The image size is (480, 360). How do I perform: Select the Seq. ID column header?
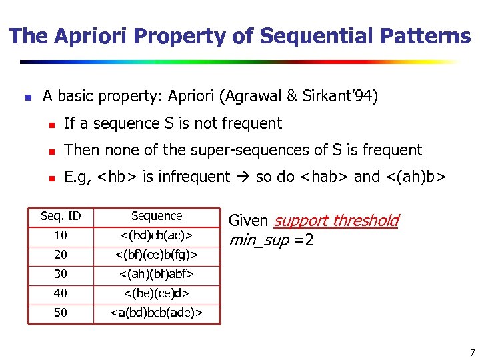click(x=61, y=216)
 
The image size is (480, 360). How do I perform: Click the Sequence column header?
click(x=157, y=216)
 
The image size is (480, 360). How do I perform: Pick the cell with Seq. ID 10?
click(x=61, y=235)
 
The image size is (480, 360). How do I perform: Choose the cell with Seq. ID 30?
click(x=61, y=274)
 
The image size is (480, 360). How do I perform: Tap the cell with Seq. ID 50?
click(x=61, y=313)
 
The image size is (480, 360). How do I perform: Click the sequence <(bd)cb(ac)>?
click(x=157, y=235)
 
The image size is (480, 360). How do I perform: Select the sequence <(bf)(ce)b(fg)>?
click(x=157, y=255)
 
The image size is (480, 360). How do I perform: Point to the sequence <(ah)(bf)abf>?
click(x=157, y=274)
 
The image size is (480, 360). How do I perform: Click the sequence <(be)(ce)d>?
click(x=157, y=293)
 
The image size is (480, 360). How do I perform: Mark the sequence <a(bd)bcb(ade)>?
click(x=157, y=313)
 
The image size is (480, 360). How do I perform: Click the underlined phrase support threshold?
click(x=336, y=221)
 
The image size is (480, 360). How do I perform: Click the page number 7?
click(x=472, y=352)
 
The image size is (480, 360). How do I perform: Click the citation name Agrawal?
click(x=249, y=97)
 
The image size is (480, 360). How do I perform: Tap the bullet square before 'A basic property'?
click(x=27, y=97)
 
